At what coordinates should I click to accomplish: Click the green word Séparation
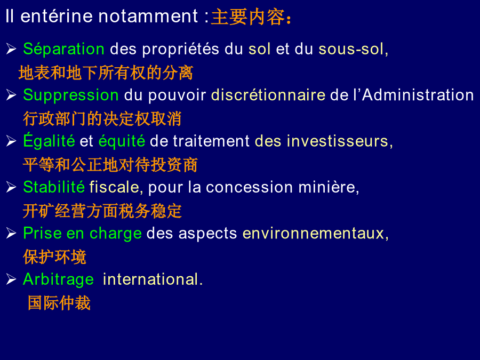point(63,49)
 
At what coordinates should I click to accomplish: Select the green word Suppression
point(71,95)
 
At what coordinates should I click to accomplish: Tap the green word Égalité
point(49,141)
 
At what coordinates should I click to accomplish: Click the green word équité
point(122,141)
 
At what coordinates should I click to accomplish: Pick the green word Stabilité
point(54,187)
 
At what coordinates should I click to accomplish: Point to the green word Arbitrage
point(59,280)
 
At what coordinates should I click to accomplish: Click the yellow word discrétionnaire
point(268,95)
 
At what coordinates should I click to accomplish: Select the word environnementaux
point(314,233)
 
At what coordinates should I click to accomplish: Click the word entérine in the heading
point(57,16)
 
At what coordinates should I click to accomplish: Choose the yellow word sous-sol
point(351,49)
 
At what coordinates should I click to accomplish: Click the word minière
point(326,187)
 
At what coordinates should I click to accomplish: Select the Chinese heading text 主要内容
point(248,17)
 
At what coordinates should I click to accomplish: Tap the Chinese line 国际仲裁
point(59,303)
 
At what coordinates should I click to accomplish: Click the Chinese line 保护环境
point(54,257)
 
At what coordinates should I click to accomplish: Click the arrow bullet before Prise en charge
point(11,233)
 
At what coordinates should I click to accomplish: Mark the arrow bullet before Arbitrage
point(11,279)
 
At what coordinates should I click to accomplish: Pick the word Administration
point(418,95)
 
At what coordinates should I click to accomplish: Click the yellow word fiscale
point(115,187)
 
